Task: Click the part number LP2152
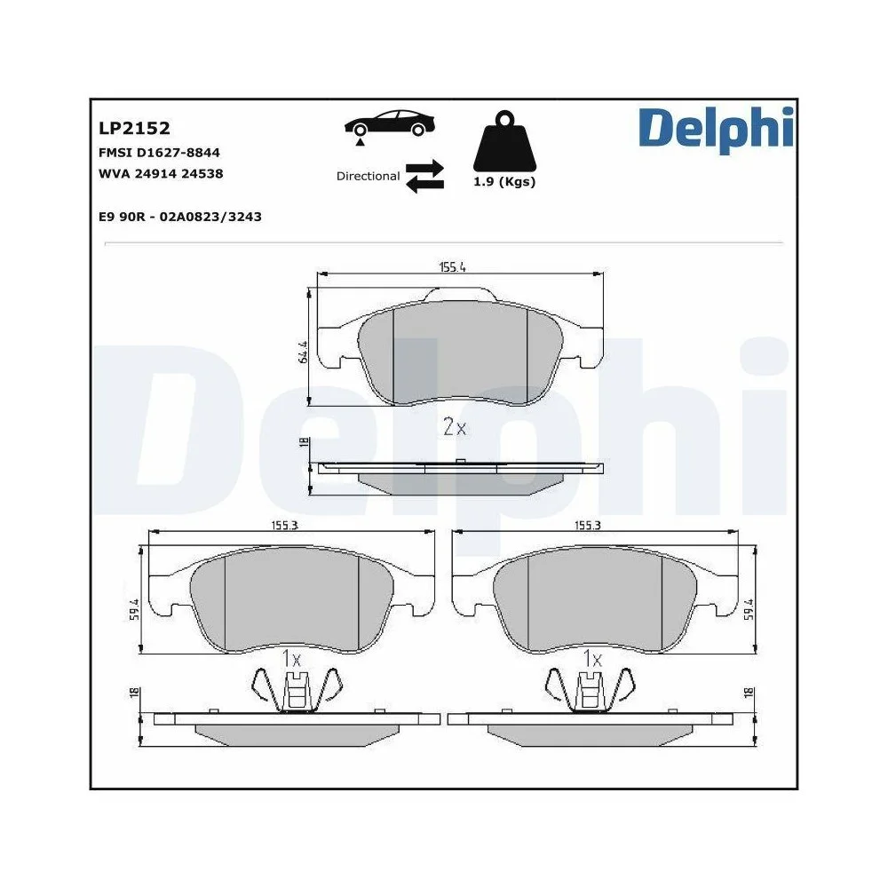[x=134, y=129]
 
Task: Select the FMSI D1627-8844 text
[x=160, y=153]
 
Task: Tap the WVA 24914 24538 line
[x=161, y=174]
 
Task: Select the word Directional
[x=368, y=176]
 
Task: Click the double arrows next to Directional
[x=424, y=176]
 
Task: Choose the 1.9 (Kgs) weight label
[x=505, y=183]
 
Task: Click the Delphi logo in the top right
[x=714, y=128]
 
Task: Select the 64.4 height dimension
[x=303, y=352]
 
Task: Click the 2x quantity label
[x=454, y=427]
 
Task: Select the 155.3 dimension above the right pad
[x=588, y=526]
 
